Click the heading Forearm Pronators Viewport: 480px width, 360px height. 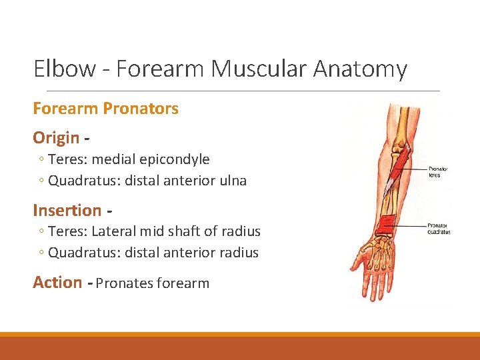pos(105,109)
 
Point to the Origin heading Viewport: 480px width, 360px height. pos(56,138)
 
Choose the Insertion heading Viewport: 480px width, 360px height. pos(67,210)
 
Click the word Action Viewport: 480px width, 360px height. pos(57,282)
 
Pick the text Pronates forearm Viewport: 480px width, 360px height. pos(153,283)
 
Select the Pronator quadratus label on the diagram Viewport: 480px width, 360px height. pos(438,229)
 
